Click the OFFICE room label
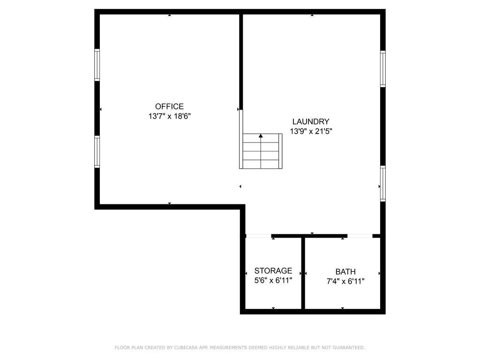coord(169,106)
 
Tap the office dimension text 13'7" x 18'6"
coord(170,116)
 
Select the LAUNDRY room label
coord(311,121)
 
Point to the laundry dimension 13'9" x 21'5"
coord(311,131)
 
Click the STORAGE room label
coord(273,270)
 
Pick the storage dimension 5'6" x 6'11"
coord(273,280)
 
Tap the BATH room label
coord(345,271)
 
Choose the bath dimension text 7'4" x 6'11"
coord(345,281)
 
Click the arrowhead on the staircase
coord(261,135)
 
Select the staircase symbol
coord(261,151)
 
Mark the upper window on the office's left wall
coord(97,65)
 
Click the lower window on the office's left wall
coord(97,152)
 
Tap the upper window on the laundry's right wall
coord(382,69)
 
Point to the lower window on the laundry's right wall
coord(382,183)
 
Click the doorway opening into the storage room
coord(258,236)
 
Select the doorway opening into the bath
coord(360,236)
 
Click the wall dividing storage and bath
coord(303,273)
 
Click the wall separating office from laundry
coord(241,62)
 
